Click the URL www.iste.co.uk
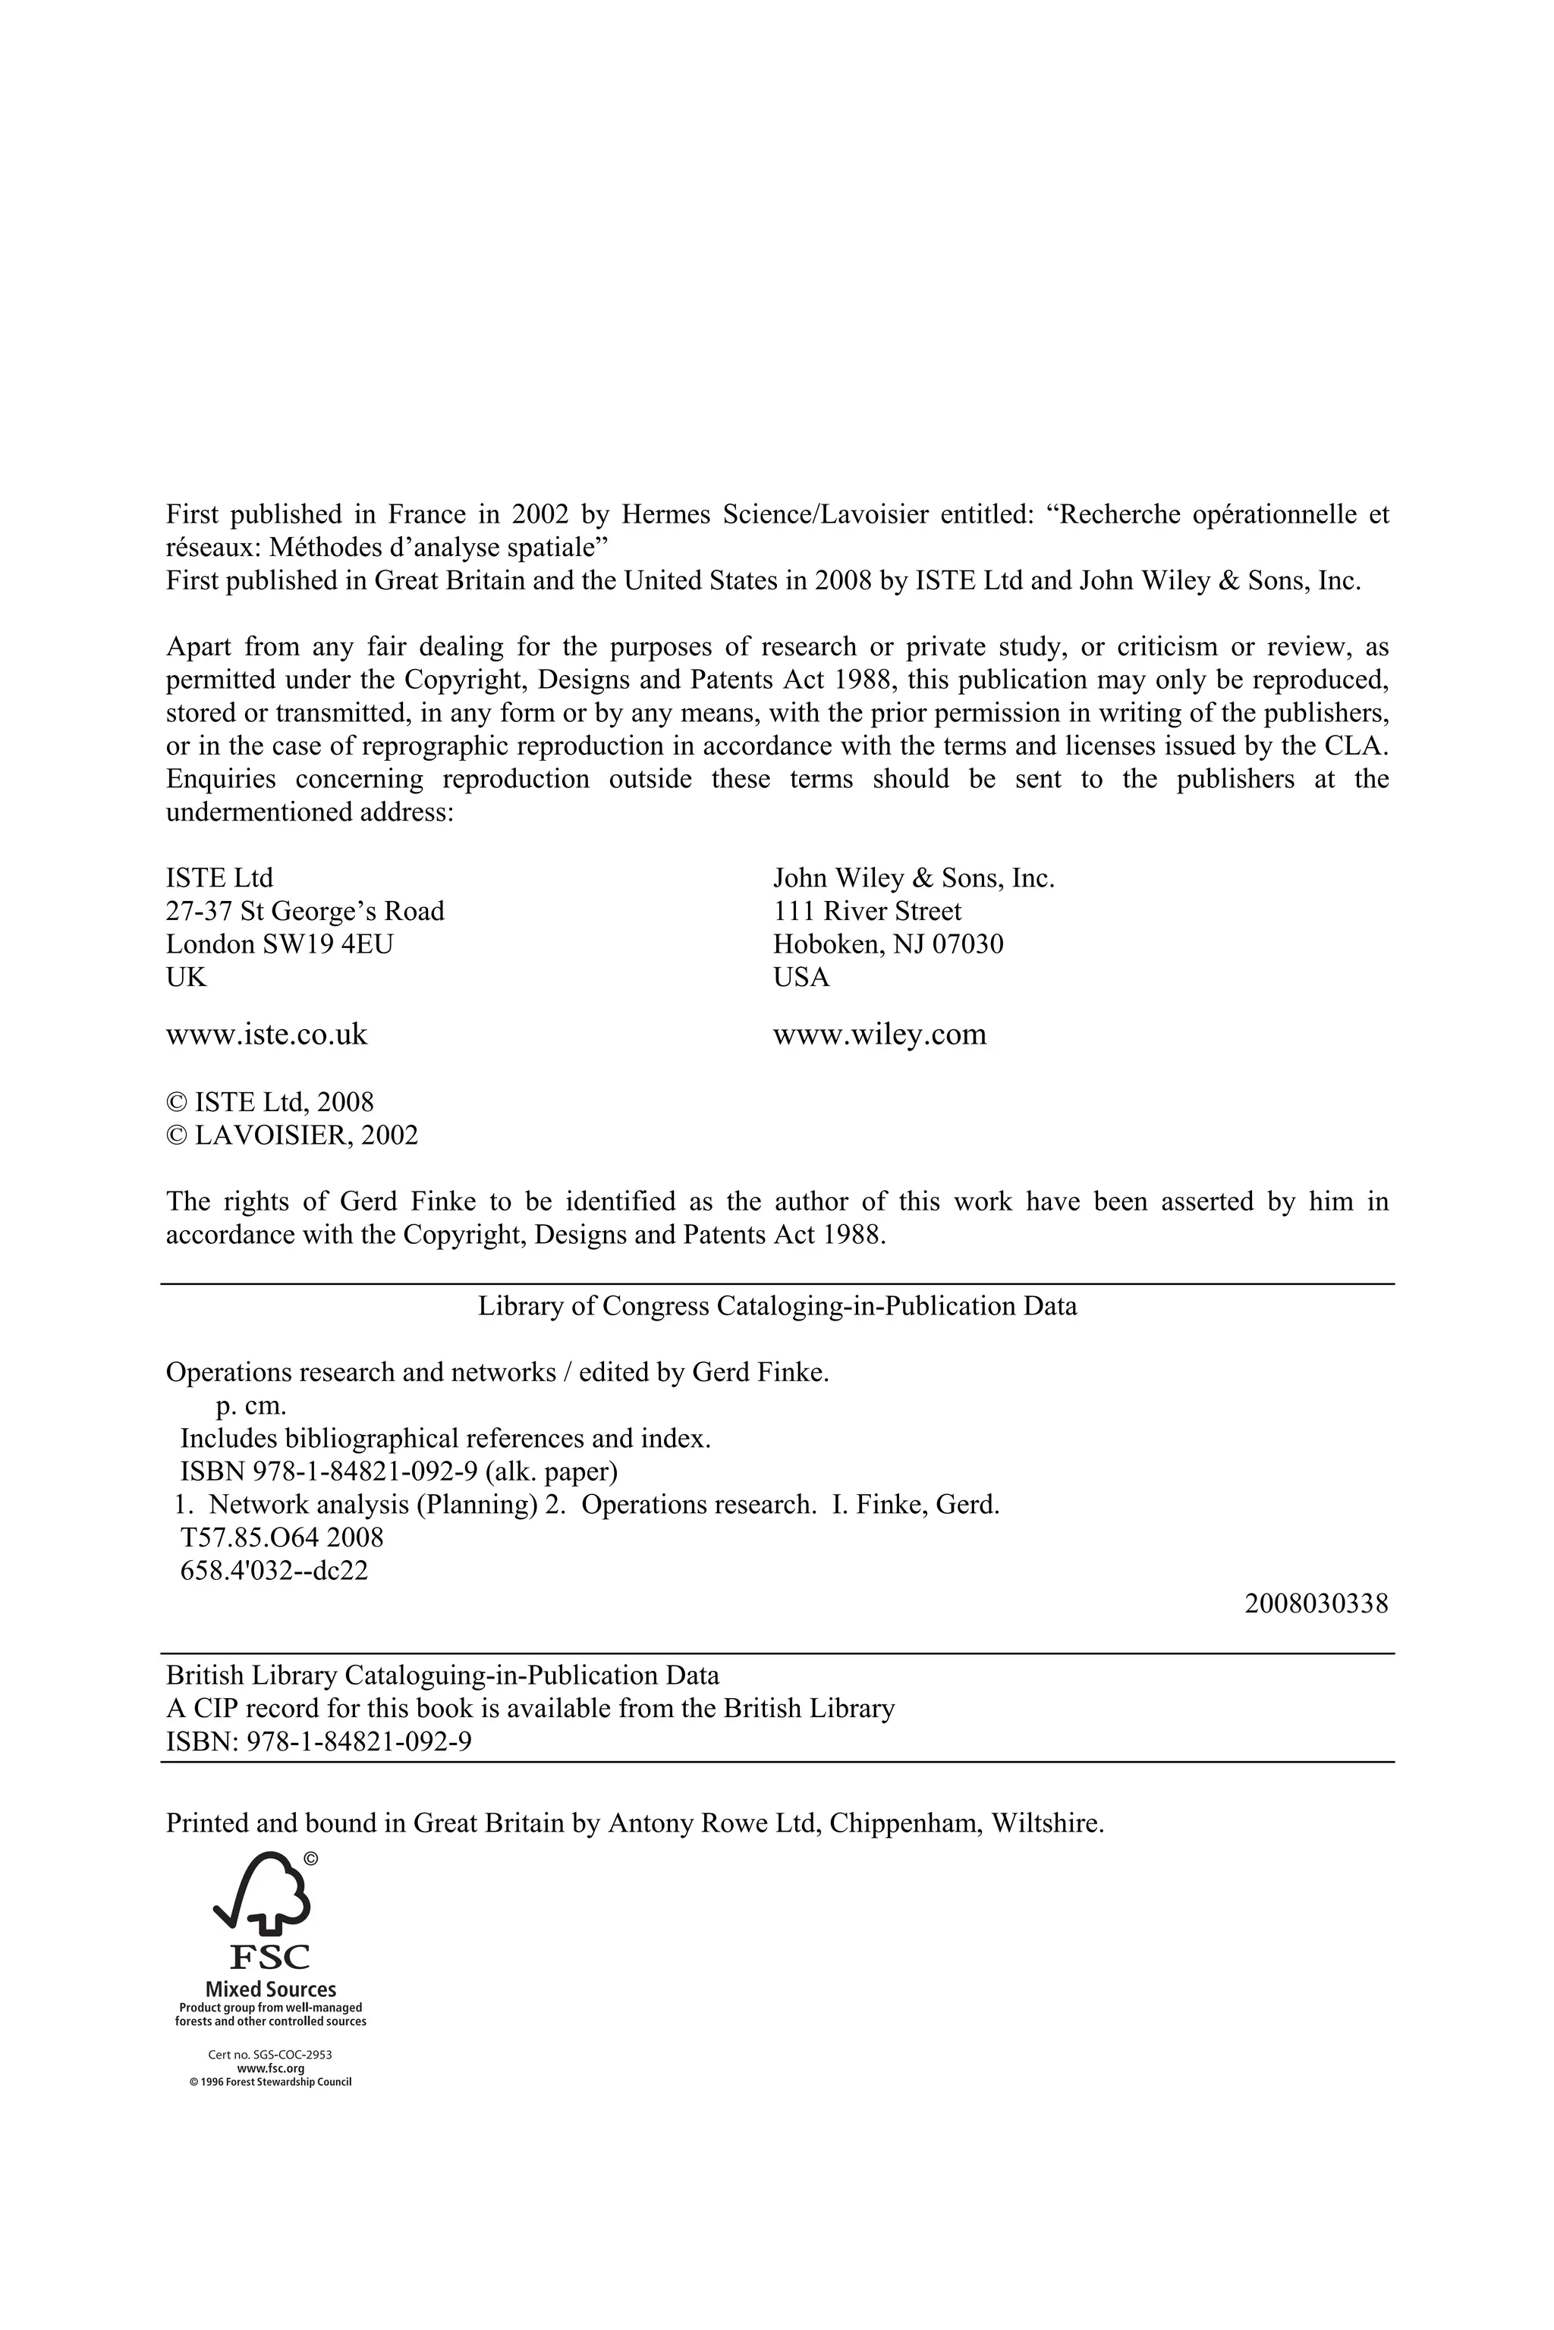coord(266,1035)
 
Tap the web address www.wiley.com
coord(879,1035)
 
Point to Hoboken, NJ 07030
coord(887,944)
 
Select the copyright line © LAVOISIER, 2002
coord(291,1135)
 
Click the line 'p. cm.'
coord(250,1405)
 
